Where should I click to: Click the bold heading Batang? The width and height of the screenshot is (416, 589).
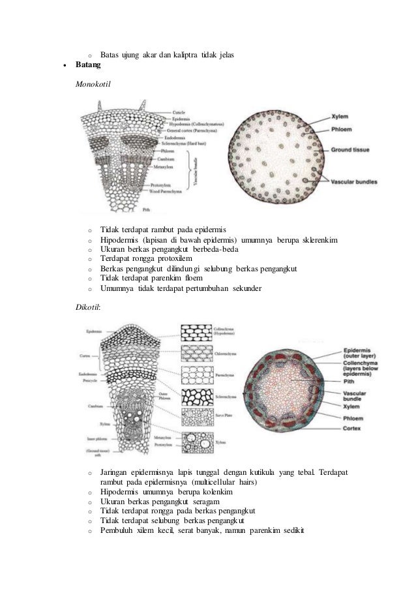tap(89, 66)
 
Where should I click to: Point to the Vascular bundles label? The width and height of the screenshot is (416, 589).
tap(355, 181)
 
